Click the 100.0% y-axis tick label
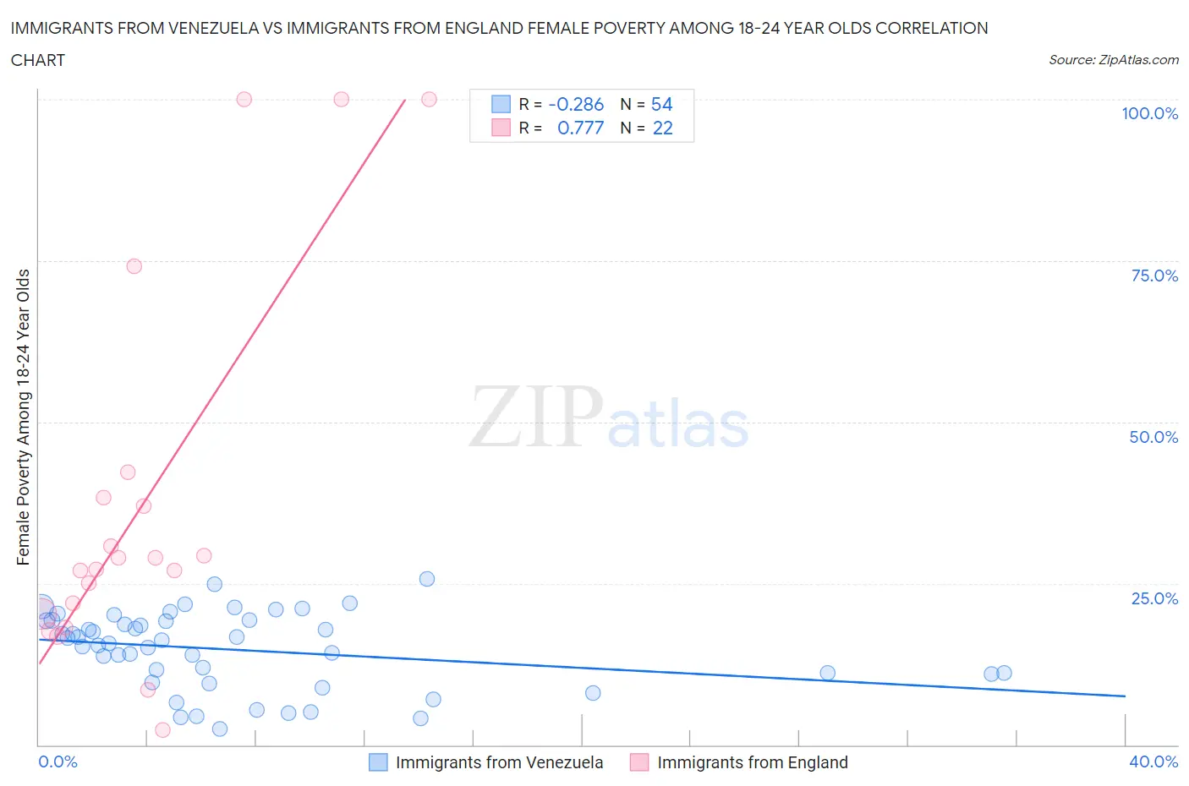pyautogui.click(x=1149, y=113)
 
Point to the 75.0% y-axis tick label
pyautogui.click(x=1154, y=276)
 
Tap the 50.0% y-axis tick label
pyautogui.click(x=1153, y=437)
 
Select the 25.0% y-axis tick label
pyautogui.click(x=1154, y=598)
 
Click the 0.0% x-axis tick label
pyautogui.click(x=58, y=761)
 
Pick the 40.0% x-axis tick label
pyautogui.click(x=1153, y=761)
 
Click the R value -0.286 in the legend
pyautogui.click(x=576, y=104)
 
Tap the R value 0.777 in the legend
pyautogui.click(x=580, y=128)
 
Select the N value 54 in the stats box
pyautogui.click(x=661, y=104)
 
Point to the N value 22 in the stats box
pyautogui.click(x=662, y=128)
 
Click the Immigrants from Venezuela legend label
pyautogui.click(x=499, y=762)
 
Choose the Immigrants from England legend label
pyautogui.click(x=752, y=762)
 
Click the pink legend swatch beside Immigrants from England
pyautogui.click(x=639, y=762)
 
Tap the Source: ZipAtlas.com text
pyautogui.click(x=1113, y=60)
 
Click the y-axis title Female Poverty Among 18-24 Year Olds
pyautogui.click(x=24, y=417)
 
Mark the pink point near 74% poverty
pyautogui.click(x=134, y=266)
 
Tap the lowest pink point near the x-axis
pyautogui.click(x=162, y=730)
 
